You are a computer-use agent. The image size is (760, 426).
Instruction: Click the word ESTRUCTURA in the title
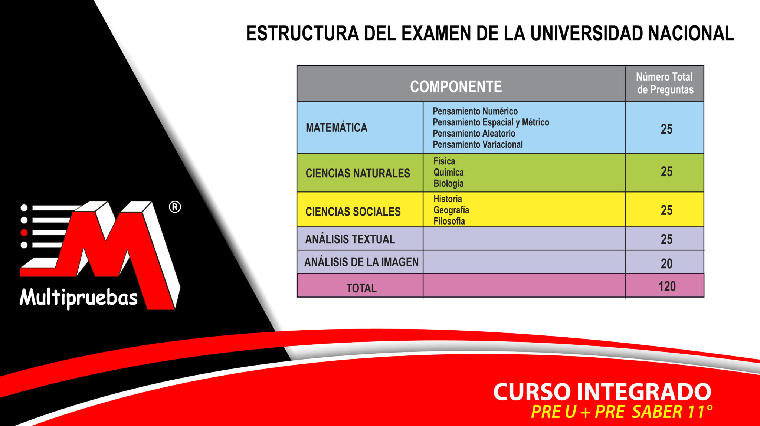point(302,33)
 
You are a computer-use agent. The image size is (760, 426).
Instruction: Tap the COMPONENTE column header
point(456,87)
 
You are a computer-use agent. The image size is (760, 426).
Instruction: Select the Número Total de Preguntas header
point(665,83)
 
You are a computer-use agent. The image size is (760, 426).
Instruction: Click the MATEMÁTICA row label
point(336,128)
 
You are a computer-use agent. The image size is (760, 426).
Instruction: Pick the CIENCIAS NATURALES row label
point(358,173)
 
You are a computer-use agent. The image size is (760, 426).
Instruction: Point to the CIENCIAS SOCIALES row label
point(353,212)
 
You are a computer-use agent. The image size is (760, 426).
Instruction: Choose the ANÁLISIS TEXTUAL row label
point(350,239)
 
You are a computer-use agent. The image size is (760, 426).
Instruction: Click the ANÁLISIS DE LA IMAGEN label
point(361,262)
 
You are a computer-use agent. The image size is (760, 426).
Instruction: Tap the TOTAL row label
point(361,288)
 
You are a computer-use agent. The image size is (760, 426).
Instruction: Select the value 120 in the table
point(667,286)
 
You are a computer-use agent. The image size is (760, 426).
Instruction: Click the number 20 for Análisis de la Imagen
point(666,263)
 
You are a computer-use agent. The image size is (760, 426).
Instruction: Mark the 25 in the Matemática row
point(666,129)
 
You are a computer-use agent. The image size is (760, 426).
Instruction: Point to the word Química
point(448,173)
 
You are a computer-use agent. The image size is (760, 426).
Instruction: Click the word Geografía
point(451,210)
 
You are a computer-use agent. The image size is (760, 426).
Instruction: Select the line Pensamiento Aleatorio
point(474,133)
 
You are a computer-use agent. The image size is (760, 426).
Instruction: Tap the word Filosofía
point(449,221)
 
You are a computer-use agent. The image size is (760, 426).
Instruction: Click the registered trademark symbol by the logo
point(175,207)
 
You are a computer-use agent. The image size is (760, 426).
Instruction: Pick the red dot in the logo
point(24,233)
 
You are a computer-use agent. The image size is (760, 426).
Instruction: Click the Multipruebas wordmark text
point(79,298)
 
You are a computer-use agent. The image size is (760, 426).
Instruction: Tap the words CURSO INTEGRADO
point(602,392)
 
